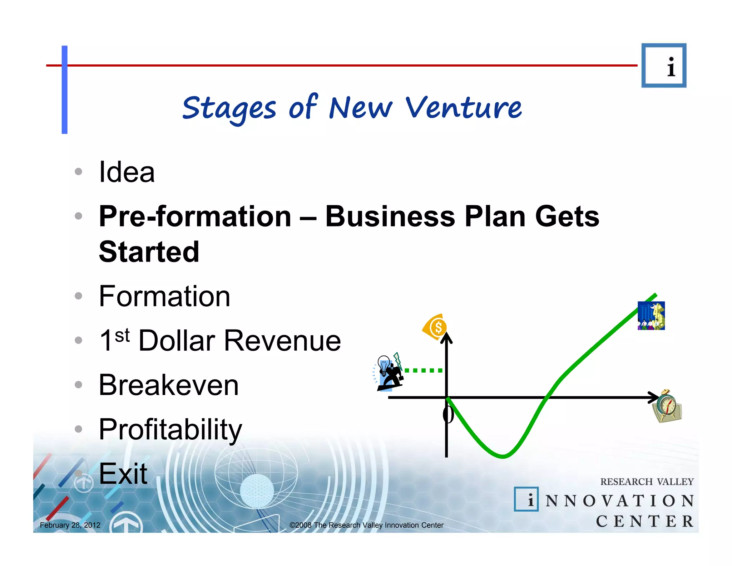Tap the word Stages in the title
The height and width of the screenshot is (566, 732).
click(x=229, y=108)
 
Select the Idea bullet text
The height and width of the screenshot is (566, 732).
click(x=127, y=172)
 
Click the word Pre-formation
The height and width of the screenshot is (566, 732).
click(x=195, y=216)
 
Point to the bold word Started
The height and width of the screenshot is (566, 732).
click(x=149, y=252)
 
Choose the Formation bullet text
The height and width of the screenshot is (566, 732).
click(x=164, y=296)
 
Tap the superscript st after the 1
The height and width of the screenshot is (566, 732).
click(x=122, y=336)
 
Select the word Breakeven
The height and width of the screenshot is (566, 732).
click(x=168, y=385)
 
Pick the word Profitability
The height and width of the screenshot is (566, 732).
click(x=170, y=429)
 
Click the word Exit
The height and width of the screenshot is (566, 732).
click(x=123, y=474)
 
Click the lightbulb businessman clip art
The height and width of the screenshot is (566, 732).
click(x=389, y=373)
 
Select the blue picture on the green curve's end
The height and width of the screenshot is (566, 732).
click(x=651, y=316)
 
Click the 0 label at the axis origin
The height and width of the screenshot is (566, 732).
click(x=448, y=415)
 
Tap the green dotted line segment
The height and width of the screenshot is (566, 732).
click(x=423, y=370)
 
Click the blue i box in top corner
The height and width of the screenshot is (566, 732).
click(x=664, y=65)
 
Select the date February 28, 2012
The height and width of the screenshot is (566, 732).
click(x=70, y=525)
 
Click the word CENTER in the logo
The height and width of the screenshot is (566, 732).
click(x=644, y=521)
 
